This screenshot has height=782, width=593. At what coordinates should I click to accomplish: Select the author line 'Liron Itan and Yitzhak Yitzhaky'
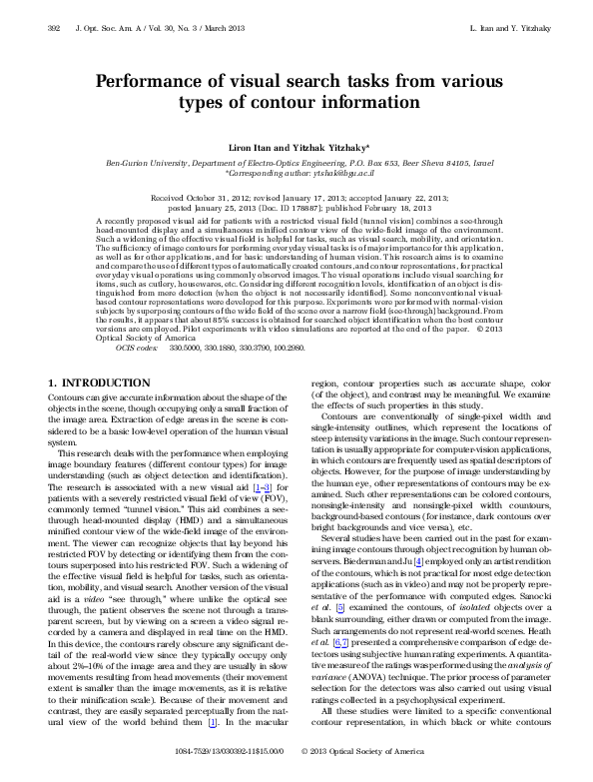click(296, 148)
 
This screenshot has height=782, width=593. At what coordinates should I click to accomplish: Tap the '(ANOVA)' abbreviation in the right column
click(338, 683)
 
